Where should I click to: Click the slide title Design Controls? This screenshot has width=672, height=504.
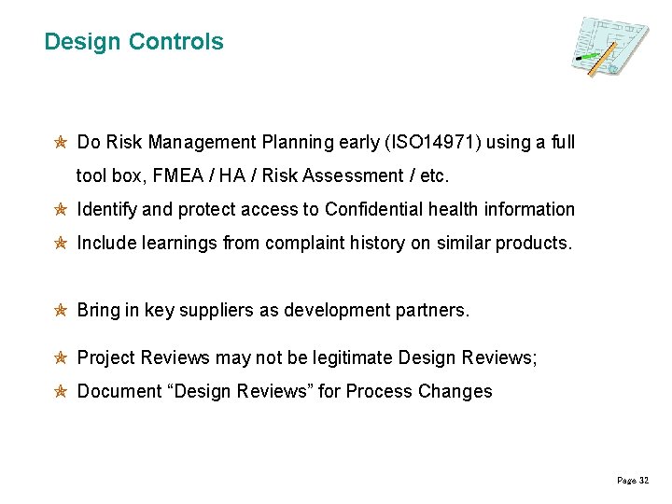(133, 42)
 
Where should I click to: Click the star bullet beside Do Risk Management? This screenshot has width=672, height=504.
(59, 143)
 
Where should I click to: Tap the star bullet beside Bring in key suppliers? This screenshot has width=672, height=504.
(59, 311)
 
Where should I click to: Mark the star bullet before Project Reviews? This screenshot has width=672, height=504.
(59, 358)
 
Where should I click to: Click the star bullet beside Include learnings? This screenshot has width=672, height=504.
(59, 244)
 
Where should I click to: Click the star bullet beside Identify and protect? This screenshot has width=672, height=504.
(59, 210)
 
